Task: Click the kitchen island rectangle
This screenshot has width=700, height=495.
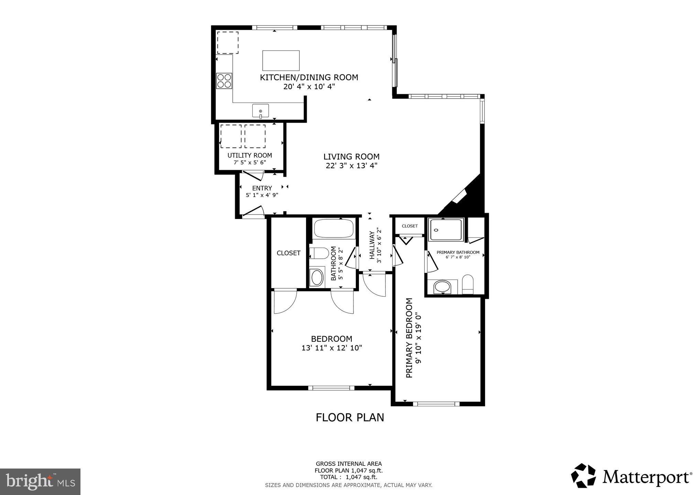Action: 281,60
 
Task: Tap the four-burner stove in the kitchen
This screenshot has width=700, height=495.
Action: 224,81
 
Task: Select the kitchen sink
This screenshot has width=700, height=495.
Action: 261,111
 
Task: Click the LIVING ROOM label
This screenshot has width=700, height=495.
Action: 351,157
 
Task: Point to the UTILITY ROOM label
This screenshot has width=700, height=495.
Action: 250,155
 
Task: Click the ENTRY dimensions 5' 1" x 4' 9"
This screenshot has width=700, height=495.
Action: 262,195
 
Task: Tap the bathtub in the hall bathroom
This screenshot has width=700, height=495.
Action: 334,228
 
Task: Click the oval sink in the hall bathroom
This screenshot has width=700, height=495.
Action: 317,277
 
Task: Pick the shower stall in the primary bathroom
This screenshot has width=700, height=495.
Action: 447,229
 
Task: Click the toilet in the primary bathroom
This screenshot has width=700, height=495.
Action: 468,285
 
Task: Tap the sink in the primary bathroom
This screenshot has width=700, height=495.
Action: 442,287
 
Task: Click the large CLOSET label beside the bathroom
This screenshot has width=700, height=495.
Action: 288,253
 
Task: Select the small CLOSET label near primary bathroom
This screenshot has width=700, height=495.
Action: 410,226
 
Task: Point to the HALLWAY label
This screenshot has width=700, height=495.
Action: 372,245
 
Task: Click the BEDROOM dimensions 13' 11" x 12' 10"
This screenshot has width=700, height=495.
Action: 332,348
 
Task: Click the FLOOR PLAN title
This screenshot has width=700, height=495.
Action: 350,417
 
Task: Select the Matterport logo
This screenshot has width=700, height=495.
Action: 631,477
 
